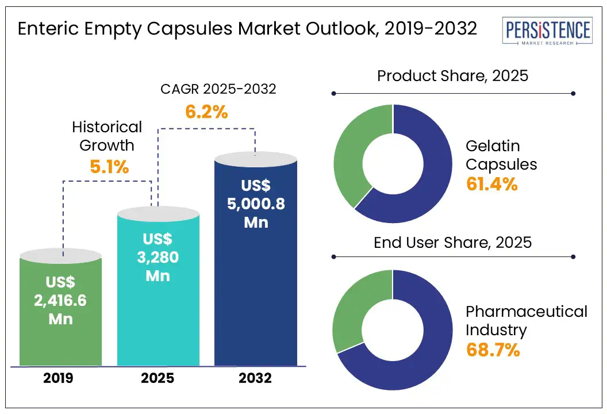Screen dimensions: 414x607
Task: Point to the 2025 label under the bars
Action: (158, 378)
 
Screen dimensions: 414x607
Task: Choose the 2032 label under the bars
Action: (256, 378)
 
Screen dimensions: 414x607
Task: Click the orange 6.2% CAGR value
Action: (206, 112)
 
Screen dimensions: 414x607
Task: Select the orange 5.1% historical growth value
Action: (109, 167)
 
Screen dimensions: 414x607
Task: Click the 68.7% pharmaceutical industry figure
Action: (493, 350)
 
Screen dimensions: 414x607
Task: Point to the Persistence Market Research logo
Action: (546, 33)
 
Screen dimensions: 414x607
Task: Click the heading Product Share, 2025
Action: (452, 75)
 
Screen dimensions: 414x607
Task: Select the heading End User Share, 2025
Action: (452, 242)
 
